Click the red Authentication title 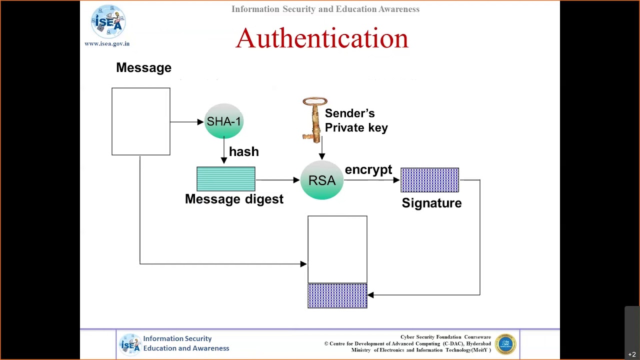[x=321, y=38]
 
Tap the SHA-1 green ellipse [x=223, y=121]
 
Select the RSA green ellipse [x=321, y=180]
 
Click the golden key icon [x=314, y=120]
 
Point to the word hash [x=243, y=151]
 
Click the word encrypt [x=368, y=170]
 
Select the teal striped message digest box [x=226, y=179]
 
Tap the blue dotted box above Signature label [x=429, y=180]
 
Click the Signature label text [x=431, y=203]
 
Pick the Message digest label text [x=234, y=199]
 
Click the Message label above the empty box [x=143, y=67]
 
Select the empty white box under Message [x=141, y=121]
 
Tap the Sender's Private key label [x=356, y=120]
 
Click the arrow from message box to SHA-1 [x=186, y=121]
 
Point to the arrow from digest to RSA [x=277, y=180]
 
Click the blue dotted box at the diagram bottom [x=337, y=295]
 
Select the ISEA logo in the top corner [x=108, y=21]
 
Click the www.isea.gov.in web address [x=107, y=43]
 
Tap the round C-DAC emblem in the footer [x=505, y=344]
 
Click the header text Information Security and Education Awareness [x=325, y=9]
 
